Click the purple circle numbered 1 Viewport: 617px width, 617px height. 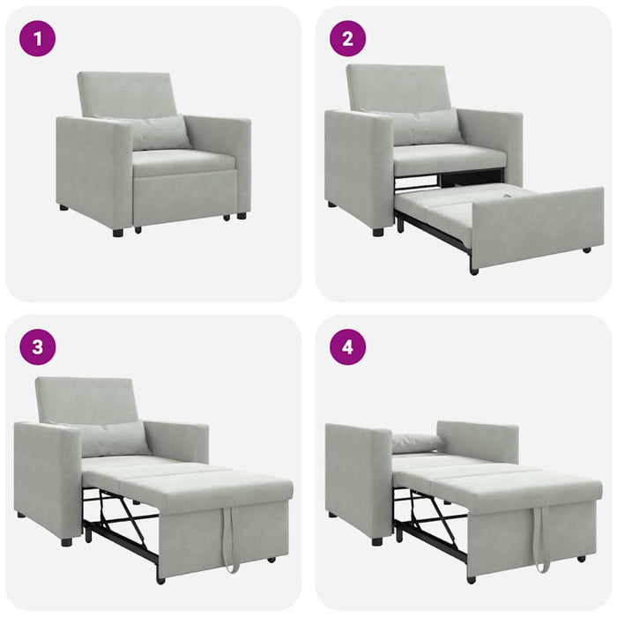point(37,39)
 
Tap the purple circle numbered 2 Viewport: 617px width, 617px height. point(347,39)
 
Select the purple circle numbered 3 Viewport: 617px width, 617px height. point(37,346)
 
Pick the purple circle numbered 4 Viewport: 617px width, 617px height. point(347,346)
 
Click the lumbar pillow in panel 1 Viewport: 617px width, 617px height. point(159,132)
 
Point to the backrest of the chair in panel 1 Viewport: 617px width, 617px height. point(128,93)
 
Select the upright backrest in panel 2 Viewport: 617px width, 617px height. point(398,86)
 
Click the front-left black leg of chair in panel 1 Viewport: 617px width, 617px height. point(118,233)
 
